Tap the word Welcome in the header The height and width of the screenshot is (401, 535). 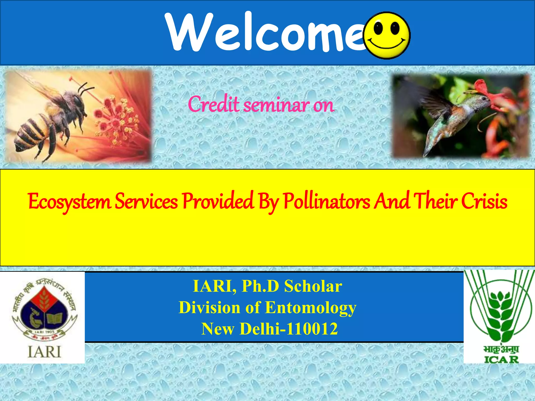coord(264,33)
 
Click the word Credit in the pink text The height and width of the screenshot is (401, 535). coord(213,104)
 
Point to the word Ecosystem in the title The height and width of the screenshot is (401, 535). coord(69,202)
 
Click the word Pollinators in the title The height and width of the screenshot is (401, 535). coord(327,202)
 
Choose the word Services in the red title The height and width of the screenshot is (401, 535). coord(146,202)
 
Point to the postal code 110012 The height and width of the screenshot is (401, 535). coord(312,329)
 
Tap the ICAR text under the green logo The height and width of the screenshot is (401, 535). coord(501,359)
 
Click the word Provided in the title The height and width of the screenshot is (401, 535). coord(218,202)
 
